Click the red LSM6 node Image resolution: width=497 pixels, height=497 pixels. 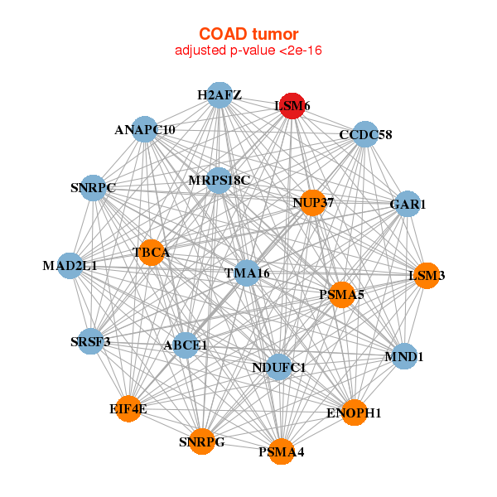[292, 106]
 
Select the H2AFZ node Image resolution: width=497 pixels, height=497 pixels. [220, 95]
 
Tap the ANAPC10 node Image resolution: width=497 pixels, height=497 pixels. [145, 130]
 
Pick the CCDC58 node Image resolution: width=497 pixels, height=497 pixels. [365, 134]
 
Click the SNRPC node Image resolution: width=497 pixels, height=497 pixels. [93, 188]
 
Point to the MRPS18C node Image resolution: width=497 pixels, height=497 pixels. [219, 180]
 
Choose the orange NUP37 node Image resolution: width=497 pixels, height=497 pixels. [313, 202]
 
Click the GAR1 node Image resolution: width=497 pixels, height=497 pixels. [407, 204]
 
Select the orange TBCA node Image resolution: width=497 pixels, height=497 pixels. [152, 252]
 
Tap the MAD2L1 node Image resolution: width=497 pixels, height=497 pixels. [70, 266]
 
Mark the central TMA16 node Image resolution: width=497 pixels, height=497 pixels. [247, 273]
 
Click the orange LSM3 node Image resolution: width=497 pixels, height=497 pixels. [427, 275]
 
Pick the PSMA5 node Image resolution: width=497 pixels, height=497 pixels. [342, 294]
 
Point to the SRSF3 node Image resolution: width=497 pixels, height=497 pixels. [90, 341]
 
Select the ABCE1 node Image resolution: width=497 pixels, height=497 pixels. [186, 345]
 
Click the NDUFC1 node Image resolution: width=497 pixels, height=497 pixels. [279, 367]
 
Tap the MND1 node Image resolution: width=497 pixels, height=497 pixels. [404, 357]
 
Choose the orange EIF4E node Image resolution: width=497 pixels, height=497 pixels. [128, 408]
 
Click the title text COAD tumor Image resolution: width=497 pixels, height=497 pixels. [248, 34]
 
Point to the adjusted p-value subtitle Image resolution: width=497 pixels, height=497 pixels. [248, 51]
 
